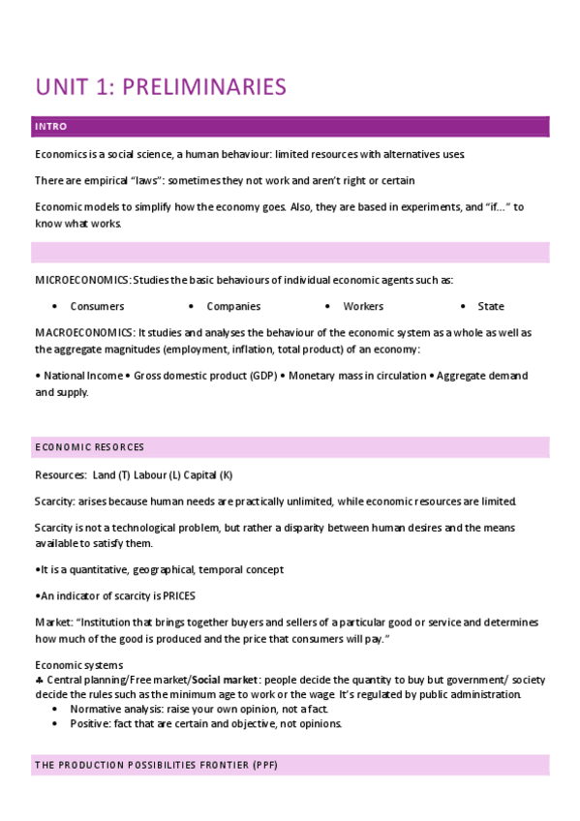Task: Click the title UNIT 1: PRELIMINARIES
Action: (161, 86)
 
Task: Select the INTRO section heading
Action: (50, 127)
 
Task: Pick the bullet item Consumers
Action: (97, 306)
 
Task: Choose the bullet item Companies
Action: (233, 306)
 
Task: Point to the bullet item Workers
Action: (363, 306)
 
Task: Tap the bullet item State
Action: (491, 306)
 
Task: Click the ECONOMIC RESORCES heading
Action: (89, 447)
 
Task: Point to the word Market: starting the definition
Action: (55, 622)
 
